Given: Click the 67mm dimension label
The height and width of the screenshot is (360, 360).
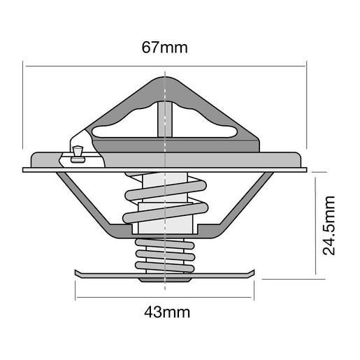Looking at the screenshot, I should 165,48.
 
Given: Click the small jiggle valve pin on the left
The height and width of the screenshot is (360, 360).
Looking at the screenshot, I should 77,153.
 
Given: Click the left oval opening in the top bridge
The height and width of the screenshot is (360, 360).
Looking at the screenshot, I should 122,126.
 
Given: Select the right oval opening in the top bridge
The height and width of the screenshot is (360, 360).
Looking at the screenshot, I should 206,126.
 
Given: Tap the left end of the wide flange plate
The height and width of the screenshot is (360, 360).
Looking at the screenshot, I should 25,169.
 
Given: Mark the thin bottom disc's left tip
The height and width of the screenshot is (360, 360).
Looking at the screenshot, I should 75,272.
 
